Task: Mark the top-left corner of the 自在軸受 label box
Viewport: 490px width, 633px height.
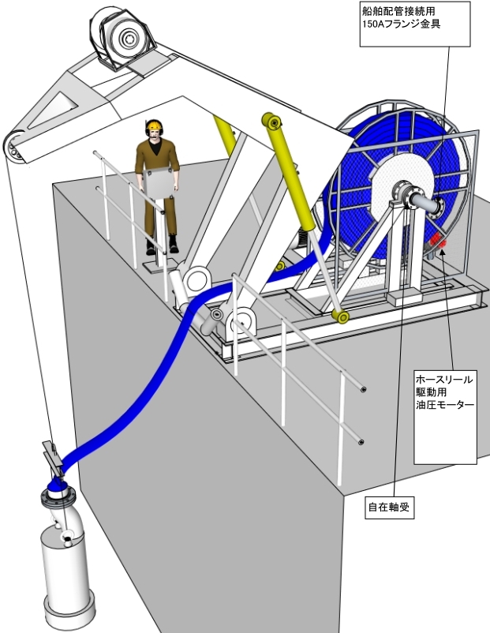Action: click(365, 497)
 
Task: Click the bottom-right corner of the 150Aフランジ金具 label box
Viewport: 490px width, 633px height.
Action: click(470, 47)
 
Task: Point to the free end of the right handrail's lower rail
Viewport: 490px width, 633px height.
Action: click(361, 442)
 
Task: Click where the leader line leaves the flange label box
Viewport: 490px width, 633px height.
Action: click(448, 47)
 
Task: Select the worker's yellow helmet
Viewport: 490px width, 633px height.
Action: click(153, 125)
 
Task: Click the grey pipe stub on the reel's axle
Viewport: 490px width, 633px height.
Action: click(424, 203)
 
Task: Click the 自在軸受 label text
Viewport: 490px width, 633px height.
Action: click(390, 507)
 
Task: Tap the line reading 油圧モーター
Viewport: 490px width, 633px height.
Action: click(445, 405)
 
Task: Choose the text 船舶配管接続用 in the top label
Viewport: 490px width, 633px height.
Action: click(398, 11)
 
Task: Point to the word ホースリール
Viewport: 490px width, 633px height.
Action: click(444, 380)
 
